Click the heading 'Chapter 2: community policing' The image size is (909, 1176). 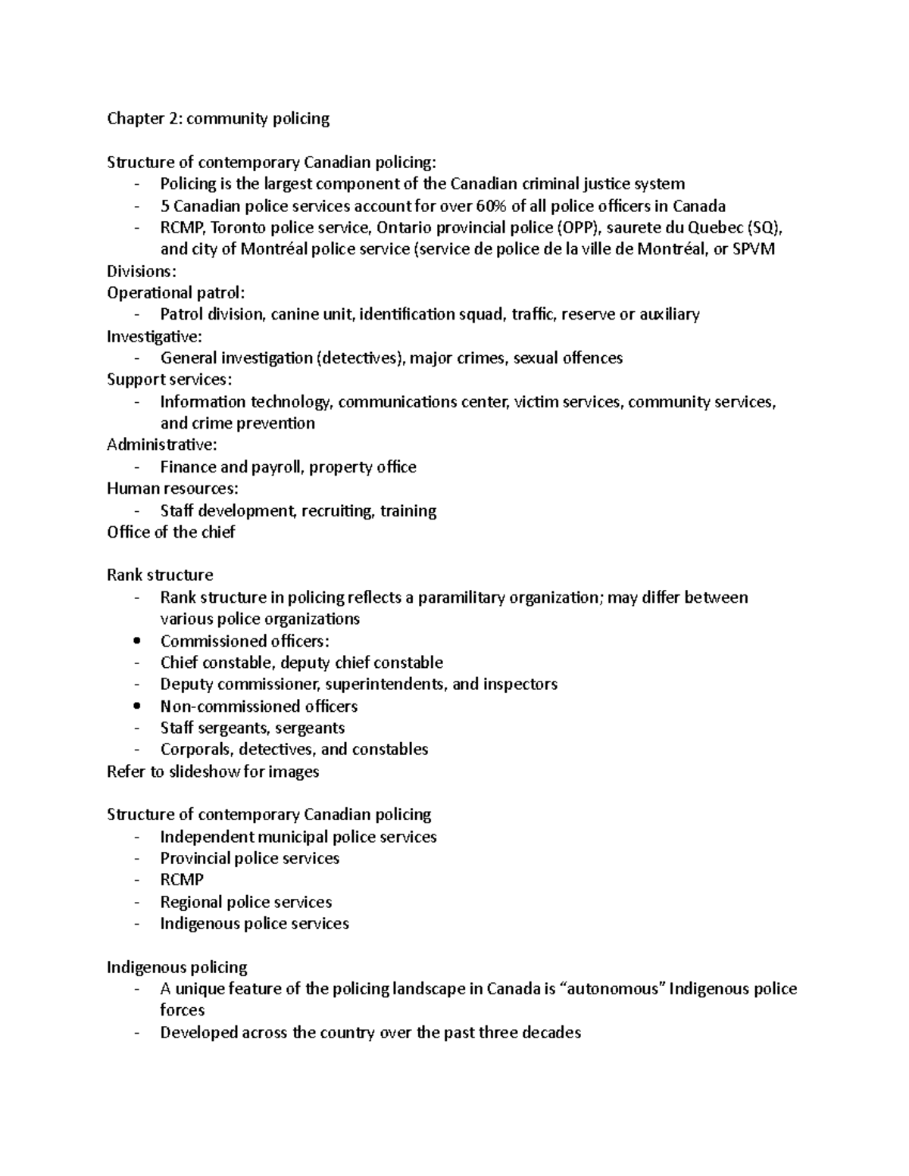click(218, 119)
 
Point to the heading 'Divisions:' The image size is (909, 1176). click(141, 271)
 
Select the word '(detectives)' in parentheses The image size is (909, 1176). click(359, 358)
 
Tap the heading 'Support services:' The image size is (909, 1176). click(169, 379)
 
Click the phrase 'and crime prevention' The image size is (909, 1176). click(237, 423)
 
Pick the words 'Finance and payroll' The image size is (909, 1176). click(231, 467)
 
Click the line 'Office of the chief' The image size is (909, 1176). click(170, 532)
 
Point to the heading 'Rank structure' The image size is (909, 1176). click(160, 576)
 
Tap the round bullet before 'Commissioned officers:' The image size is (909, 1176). click(136, 641)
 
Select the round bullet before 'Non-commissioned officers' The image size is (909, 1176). click(136, 707)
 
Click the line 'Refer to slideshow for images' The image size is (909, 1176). click(213, 772)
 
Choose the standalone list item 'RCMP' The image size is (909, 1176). click(182, 880)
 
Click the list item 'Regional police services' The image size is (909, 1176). click(245, 902)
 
